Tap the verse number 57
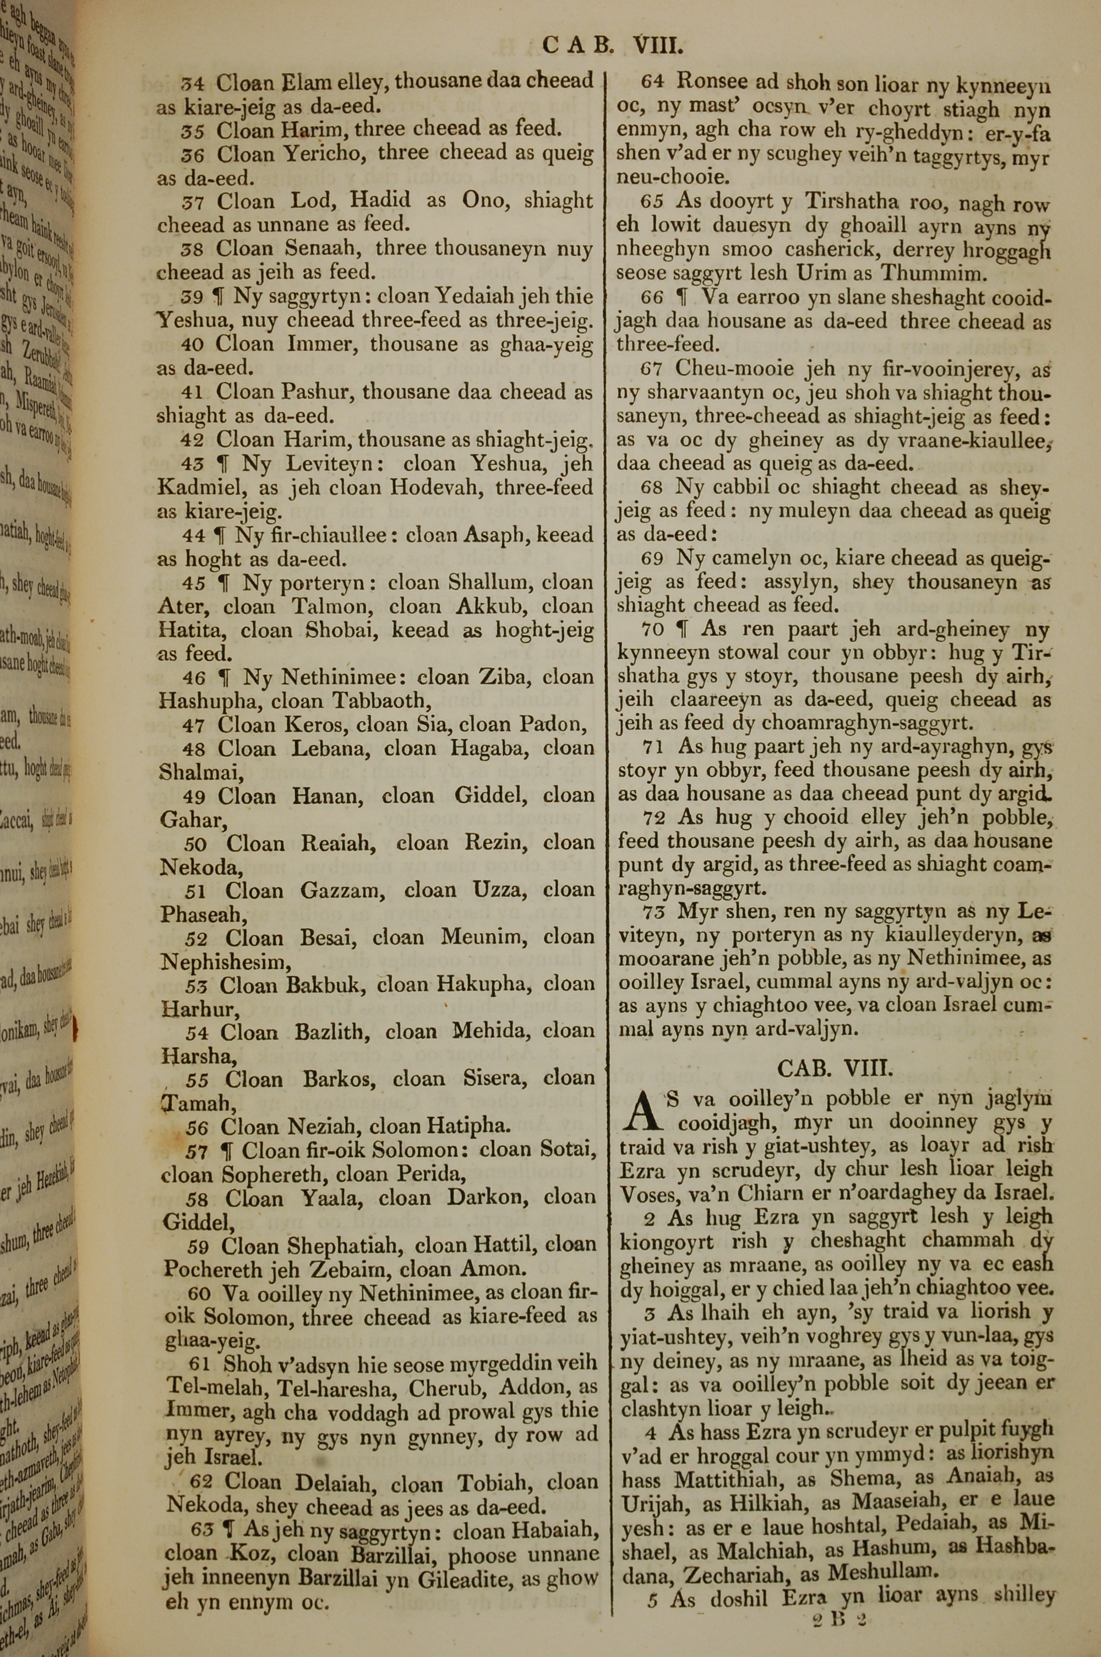point(197,1151)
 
